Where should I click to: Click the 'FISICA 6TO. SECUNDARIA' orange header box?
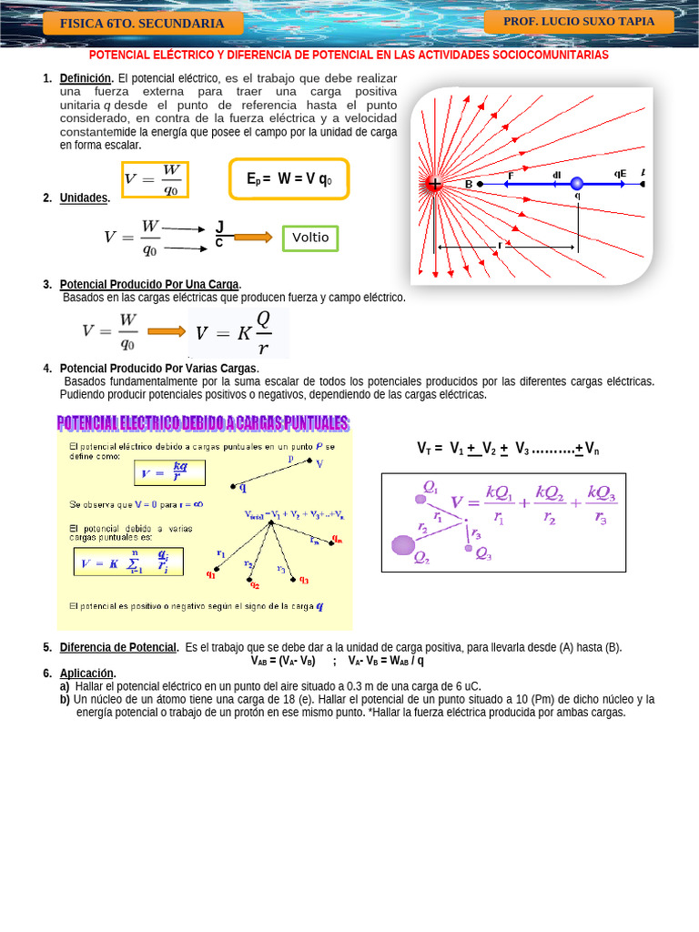(142, 24)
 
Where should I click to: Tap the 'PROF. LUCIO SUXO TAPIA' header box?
(579, 22)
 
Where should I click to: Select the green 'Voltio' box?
(309, 238)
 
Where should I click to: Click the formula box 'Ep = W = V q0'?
(289, 179)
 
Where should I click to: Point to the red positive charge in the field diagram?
(434, 184)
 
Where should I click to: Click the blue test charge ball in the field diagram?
(576, 184)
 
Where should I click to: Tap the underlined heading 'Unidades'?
(84, 198)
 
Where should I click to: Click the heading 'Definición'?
(86, 79)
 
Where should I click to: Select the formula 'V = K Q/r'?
(238, 333)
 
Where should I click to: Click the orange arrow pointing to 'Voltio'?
(252, 238)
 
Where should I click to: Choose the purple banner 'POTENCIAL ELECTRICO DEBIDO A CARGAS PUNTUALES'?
(203, 423)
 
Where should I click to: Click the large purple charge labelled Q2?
(403, 544)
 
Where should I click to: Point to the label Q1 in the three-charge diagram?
(431, 487)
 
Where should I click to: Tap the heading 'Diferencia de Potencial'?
(118, 647)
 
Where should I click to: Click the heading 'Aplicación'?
(87, 674)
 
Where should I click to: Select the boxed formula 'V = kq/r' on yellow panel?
(170, 472)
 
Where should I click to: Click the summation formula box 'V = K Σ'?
(128, 562)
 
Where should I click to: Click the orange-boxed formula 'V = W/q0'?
(155, 179)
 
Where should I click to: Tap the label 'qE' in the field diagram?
(620, 173)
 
